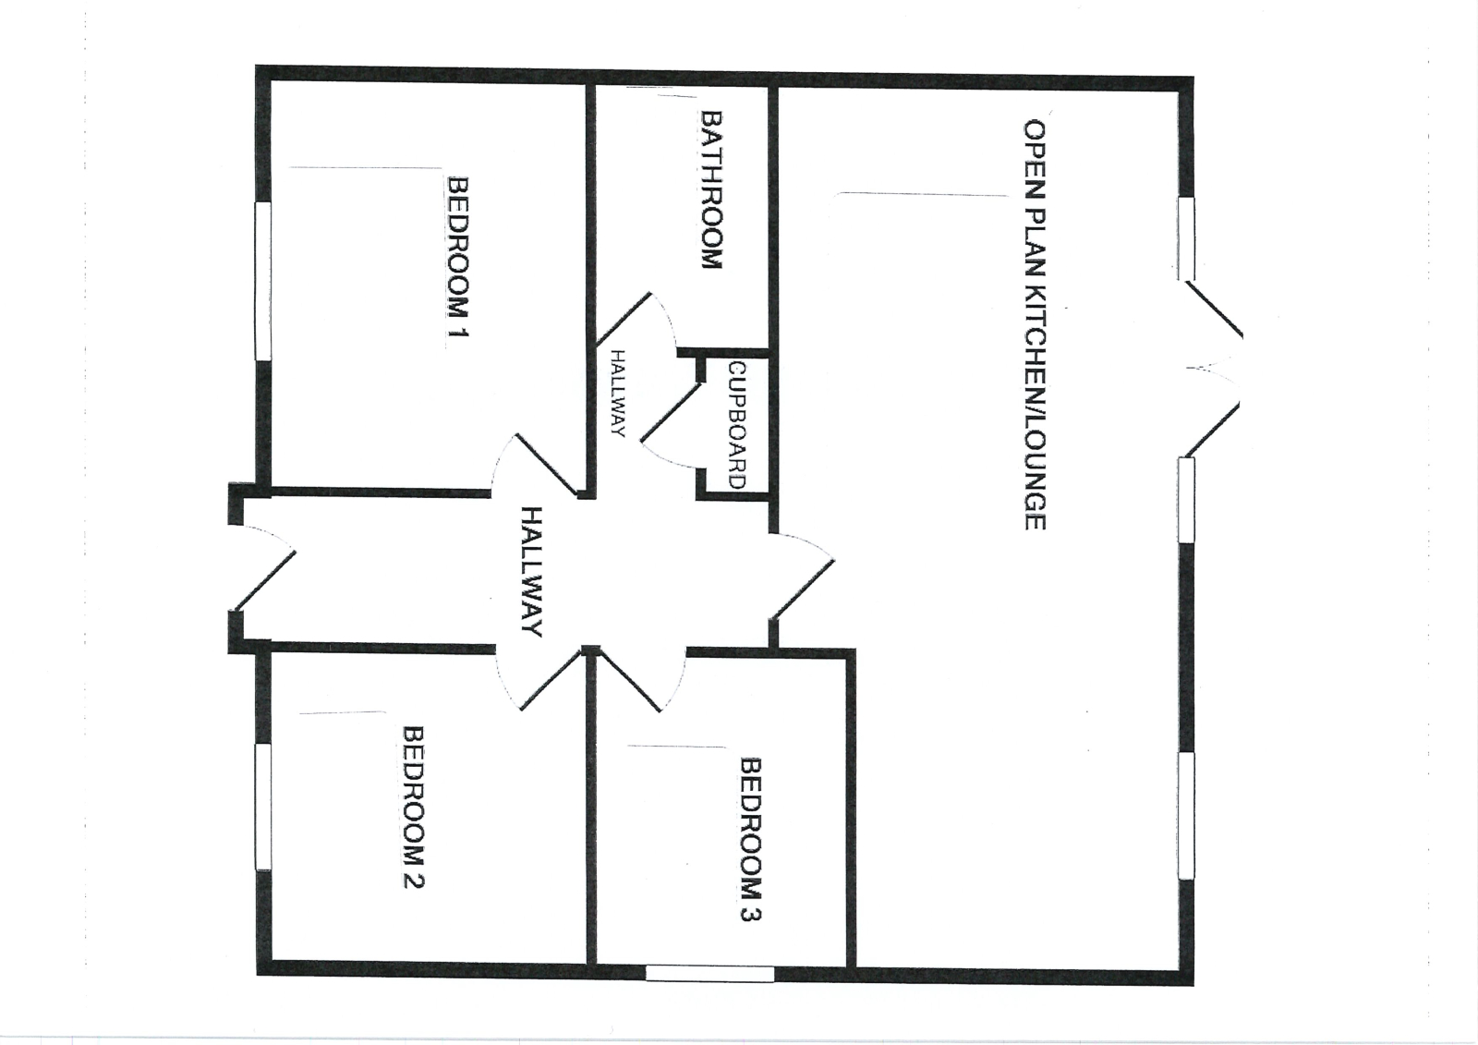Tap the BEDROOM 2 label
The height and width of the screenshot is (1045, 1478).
click(x=414, y=808)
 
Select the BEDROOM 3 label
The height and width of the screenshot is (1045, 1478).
click(x=751, y=839)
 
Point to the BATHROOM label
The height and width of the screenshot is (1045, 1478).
click(x=711, y=189)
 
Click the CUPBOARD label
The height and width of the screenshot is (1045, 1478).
click(x=736, y=425)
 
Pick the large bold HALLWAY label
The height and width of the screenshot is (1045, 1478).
click(x=531, y=572)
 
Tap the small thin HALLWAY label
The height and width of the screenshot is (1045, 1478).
click(x=618, y=394)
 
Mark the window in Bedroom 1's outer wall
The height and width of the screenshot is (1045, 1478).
click(x=262, y=281)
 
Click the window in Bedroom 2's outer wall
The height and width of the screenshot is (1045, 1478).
click(x=262, y=807)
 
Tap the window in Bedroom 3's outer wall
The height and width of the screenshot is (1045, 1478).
click(x=709, y=973)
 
